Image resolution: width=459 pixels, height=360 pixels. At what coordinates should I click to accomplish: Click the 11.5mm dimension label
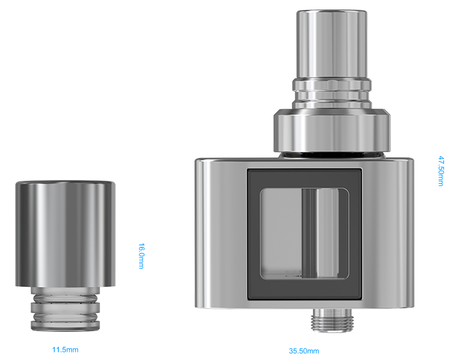[65, 349]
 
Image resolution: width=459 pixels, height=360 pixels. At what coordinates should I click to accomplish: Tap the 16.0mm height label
[141, 256]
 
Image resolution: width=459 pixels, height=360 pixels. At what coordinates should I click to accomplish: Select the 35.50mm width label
[304, 351]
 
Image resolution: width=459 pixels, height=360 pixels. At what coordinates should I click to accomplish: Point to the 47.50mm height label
[441, 171]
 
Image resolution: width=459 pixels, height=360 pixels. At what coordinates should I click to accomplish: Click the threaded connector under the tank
[333, 320]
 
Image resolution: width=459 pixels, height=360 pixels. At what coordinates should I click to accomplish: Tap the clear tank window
[305, 234]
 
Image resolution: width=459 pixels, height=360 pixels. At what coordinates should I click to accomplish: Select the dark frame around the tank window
[253, 234]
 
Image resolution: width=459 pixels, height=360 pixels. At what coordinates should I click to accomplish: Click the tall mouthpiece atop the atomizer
[331, 44]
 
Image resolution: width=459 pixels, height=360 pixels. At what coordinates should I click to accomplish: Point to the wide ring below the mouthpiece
[332, 131]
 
